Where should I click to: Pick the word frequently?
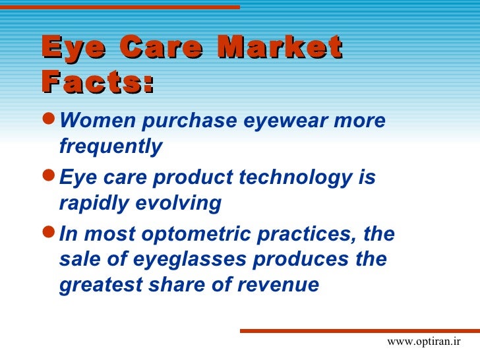pos(110,146)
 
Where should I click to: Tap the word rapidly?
pos(93,203)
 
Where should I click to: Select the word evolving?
pos(177,203)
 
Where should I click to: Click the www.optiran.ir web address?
pos(423,342)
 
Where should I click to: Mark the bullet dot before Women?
pos(48,121)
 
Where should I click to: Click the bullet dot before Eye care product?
pos(48,177)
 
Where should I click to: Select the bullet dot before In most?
pos(48,234)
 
